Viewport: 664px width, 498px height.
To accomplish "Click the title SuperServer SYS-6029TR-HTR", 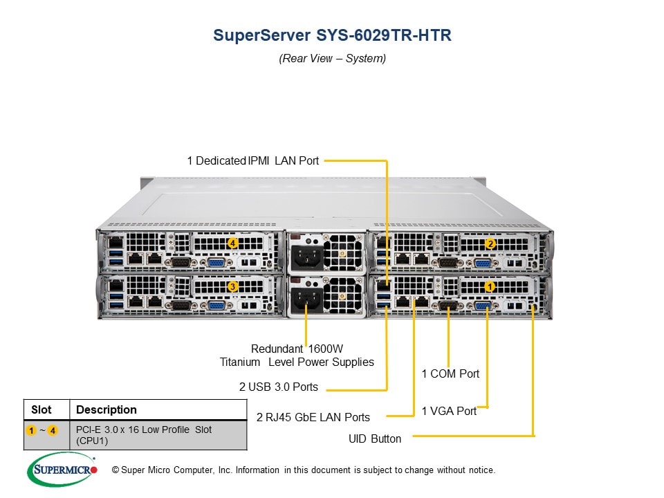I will [332, 35].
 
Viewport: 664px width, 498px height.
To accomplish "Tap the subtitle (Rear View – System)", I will [332, 58].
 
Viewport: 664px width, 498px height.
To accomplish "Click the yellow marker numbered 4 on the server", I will [233, 243].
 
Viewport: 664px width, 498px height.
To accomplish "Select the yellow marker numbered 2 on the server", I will [490, 243].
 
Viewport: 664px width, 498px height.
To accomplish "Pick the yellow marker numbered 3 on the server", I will [233, 286].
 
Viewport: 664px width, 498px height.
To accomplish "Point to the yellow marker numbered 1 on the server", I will [490, 286].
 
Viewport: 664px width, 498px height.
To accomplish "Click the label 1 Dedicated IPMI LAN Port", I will [252, 160].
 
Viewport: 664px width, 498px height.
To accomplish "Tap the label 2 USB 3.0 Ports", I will [278, 387].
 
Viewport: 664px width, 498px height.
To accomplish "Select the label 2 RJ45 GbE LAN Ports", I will [313, 417].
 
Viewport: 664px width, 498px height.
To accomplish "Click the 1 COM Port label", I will [450, 373].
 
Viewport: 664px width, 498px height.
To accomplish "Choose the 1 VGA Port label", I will [449, 411].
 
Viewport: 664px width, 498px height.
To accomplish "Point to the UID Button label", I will [375, 439].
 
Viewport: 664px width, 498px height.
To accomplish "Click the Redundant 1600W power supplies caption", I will [297, 355].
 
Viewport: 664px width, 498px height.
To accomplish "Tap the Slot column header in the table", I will [41, 409].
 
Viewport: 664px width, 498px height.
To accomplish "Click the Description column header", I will [107, 409].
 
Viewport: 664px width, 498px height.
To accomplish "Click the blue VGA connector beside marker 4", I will [215, 263].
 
